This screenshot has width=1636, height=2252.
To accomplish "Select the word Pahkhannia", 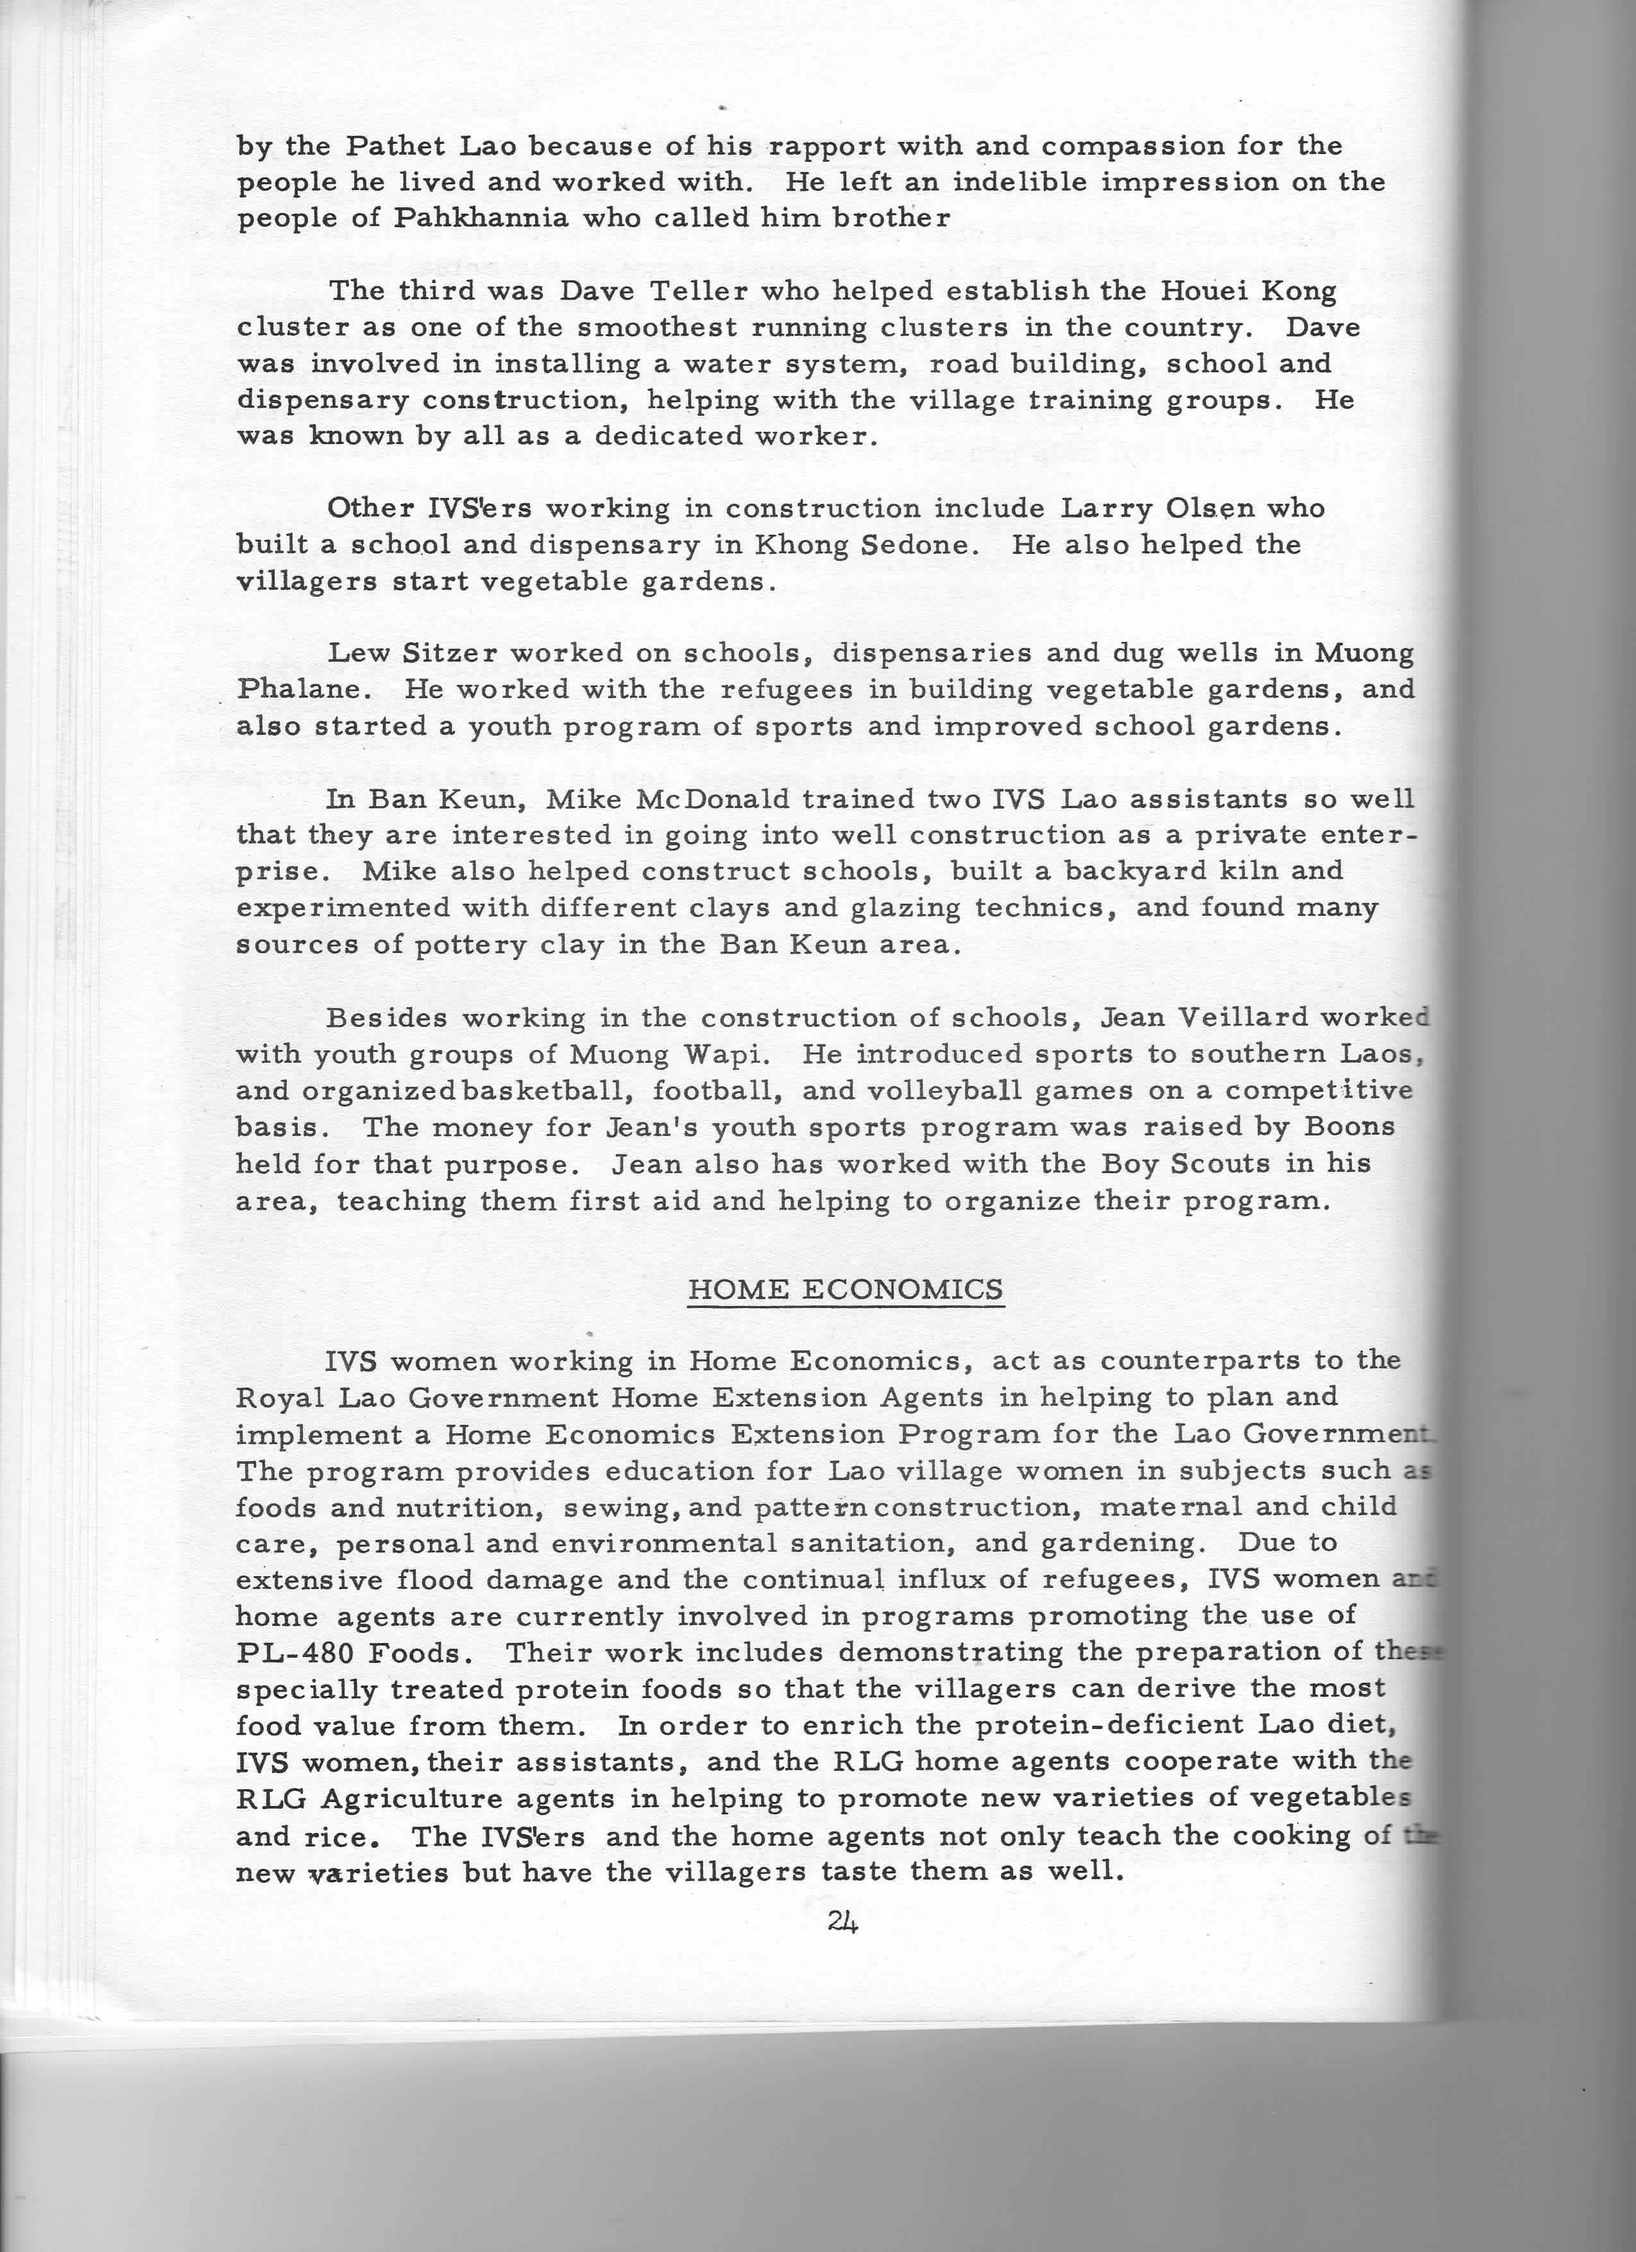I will (481, 218).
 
